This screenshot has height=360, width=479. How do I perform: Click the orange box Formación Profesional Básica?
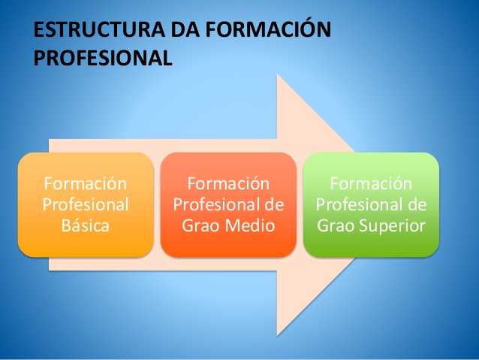(86, 204)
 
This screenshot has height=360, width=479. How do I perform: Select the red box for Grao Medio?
(228, 204)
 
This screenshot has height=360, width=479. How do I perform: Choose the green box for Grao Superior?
(371, 204)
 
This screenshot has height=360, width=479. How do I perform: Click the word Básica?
(86, 225)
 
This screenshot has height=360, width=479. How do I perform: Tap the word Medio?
(252, 225)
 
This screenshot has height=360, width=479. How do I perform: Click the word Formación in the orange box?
(86, 184)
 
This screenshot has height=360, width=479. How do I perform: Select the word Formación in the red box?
(228, 184)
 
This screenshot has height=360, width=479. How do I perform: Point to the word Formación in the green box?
(371, 184)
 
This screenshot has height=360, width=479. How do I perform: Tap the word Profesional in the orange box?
(86, 204)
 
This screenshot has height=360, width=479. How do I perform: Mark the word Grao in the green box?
(335, 225)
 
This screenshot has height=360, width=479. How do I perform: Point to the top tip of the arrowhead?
(278, 74)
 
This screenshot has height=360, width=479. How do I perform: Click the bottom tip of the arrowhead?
(278, 334)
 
